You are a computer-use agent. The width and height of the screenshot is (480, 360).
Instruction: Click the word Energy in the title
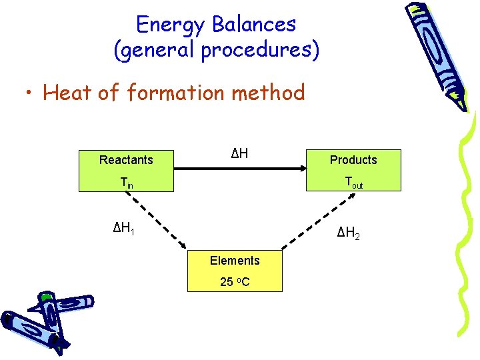(x=170, y=25)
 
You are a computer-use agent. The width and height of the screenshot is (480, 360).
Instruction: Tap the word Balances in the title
(x=253, y=25)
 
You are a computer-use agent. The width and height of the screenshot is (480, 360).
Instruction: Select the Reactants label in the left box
(x=126, y=160)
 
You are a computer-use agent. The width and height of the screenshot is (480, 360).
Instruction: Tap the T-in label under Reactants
(x=126, y=181)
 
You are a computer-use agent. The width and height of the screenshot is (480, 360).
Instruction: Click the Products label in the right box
(x=353, y=160)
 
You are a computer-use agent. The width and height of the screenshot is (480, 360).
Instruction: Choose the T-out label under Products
(x=353, y=181)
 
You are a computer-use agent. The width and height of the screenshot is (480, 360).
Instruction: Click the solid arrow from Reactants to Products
(x=240, y=171)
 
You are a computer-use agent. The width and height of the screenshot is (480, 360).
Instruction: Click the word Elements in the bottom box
(x=235, y=260)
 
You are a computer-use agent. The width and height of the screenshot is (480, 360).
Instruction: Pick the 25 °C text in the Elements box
(x=235, y=281)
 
